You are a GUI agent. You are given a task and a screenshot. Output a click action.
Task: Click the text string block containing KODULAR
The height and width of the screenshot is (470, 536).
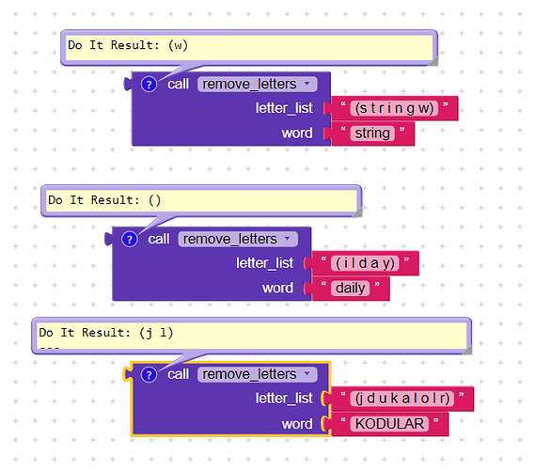point(389,424)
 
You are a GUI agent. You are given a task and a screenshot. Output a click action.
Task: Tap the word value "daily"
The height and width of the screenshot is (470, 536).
point(351,289)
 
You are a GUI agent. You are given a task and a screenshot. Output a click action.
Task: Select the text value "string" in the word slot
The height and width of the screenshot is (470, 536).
point(372,133)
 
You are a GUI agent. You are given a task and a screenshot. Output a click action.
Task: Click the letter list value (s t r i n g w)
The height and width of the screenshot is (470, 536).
point(394,108)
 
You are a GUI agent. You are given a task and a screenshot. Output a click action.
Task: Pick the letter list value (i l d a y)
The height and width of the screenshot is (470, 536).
point(365,263)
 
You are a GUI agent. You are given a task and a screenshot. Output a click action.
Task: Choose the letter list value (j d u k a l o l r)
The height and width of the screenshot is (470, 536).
point(402,399)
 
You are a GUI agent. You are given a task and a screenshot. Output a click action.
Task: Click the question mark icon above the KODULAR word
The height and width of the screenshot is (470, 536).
point(149,375)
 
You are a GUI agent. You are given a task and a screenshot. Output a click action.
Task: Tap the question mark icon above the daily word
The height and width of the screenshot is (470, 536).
point(130,240)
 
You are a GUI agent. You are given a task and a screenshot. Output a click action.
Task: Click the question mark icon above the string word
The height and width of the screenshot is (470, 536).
point(149,85)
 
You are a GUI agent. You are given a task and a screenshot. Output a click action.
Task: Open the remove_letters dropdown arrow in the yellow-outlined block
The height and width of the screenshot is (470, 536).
point(307,373)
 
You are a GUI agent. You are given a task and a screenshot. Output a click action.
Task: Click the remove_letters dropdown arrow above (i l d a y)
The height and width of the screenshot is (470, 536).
point(288,238)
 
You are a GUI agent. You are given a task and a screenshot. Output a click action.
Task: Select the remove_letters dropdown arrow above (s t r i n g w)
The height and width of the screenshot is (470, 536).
point(307,83)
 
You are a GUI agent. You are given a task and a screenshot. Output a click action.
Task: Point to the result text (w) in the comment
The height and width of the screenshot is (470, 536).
point(178,45)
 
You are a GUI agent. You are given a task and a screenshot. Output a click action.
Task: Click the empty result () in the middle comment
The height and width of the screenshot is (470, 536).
point(155,200)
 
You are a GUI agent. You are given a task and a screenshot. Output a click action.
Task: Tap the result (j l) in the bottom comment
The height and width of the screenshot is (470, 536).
point(156,333)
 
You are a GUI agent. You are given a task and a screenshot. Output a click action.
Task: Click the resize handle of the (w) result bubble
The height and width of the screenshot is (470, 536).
point(434,61)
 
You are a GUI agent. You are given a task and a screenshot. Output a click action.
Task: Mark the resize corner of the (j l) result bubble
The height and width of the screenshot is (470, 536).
point(468,350)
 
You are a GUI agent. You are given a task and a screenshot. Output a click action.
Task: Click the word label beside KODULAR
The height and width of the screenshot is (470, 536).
point(297,424)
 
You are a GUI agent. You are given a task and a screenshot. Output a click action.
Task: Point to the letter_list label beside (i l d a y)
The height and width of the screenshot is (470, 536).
point(264,263)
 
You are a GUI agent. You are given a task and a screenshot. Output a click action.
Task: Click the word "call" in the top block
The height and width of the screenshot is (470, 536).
point(178,84)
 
